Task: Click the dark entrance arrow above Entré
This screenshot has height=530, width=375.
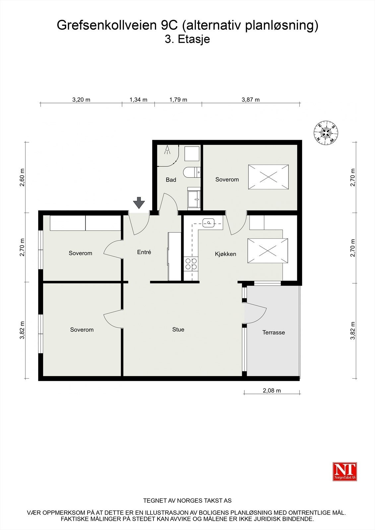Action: (139, 203)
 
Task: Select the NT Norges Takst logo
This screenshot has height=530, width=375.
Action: (344, 471)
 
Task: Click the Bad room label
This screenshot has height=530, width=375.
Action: (171, 180)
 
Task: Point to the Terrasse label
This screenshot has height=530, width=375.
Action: (274, 333)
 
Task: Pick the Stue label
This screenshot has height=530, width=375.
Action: (178, 330)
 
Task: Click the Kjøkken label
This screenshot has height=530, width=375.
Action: (225, 254)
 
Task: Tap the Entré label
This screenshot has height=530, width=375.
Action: (144, 252)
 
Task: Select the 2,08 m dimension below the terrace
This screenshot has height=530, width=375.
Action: (272, 391)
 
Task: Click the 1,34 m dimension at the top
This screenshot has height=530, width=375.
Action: (138, 100)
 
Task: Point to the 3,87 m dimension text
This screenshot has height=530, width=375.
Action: (250, 100)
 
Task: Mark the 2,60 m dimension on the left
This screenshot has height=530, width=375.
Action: (22, 178)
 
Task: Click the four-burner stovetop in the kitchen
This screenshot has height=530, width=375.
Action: (191, 263)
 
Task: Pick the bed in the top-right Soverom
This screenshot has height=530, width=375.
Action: (268, 177)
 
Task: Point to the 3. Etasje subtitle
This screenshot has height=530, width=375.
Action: (187, 39)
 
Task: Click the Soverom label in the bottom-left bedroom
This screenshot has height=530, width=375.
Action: (82, 330)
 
